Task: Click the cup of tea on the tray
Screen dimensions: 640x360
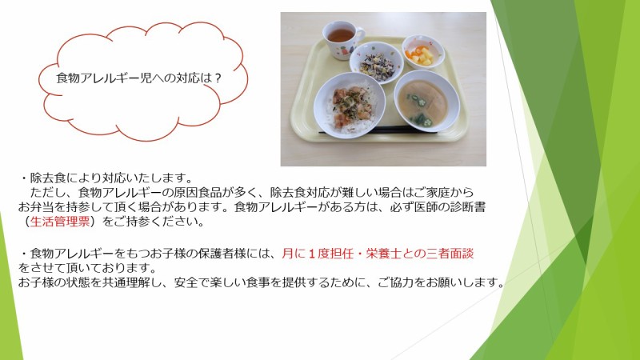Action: (x=342, y=39)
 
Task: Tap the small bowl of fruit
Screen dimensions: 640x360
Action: (x=423, y=52)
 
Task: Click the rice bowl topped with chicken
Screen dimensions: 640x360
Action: (x=350, y=105)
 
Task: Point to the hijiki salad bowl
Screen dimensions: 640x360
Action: (x=376, y=62)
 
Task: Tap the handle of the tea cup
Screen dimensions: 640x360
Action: (x=359, y=37)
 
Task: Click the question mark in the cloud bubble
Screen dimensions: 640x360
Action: (x=217, y=78)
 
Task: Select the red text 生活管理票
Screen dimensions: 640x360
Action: (x=60, y=222)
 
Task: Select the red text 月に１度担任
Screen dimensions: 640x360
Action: (x=317, y=254)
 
